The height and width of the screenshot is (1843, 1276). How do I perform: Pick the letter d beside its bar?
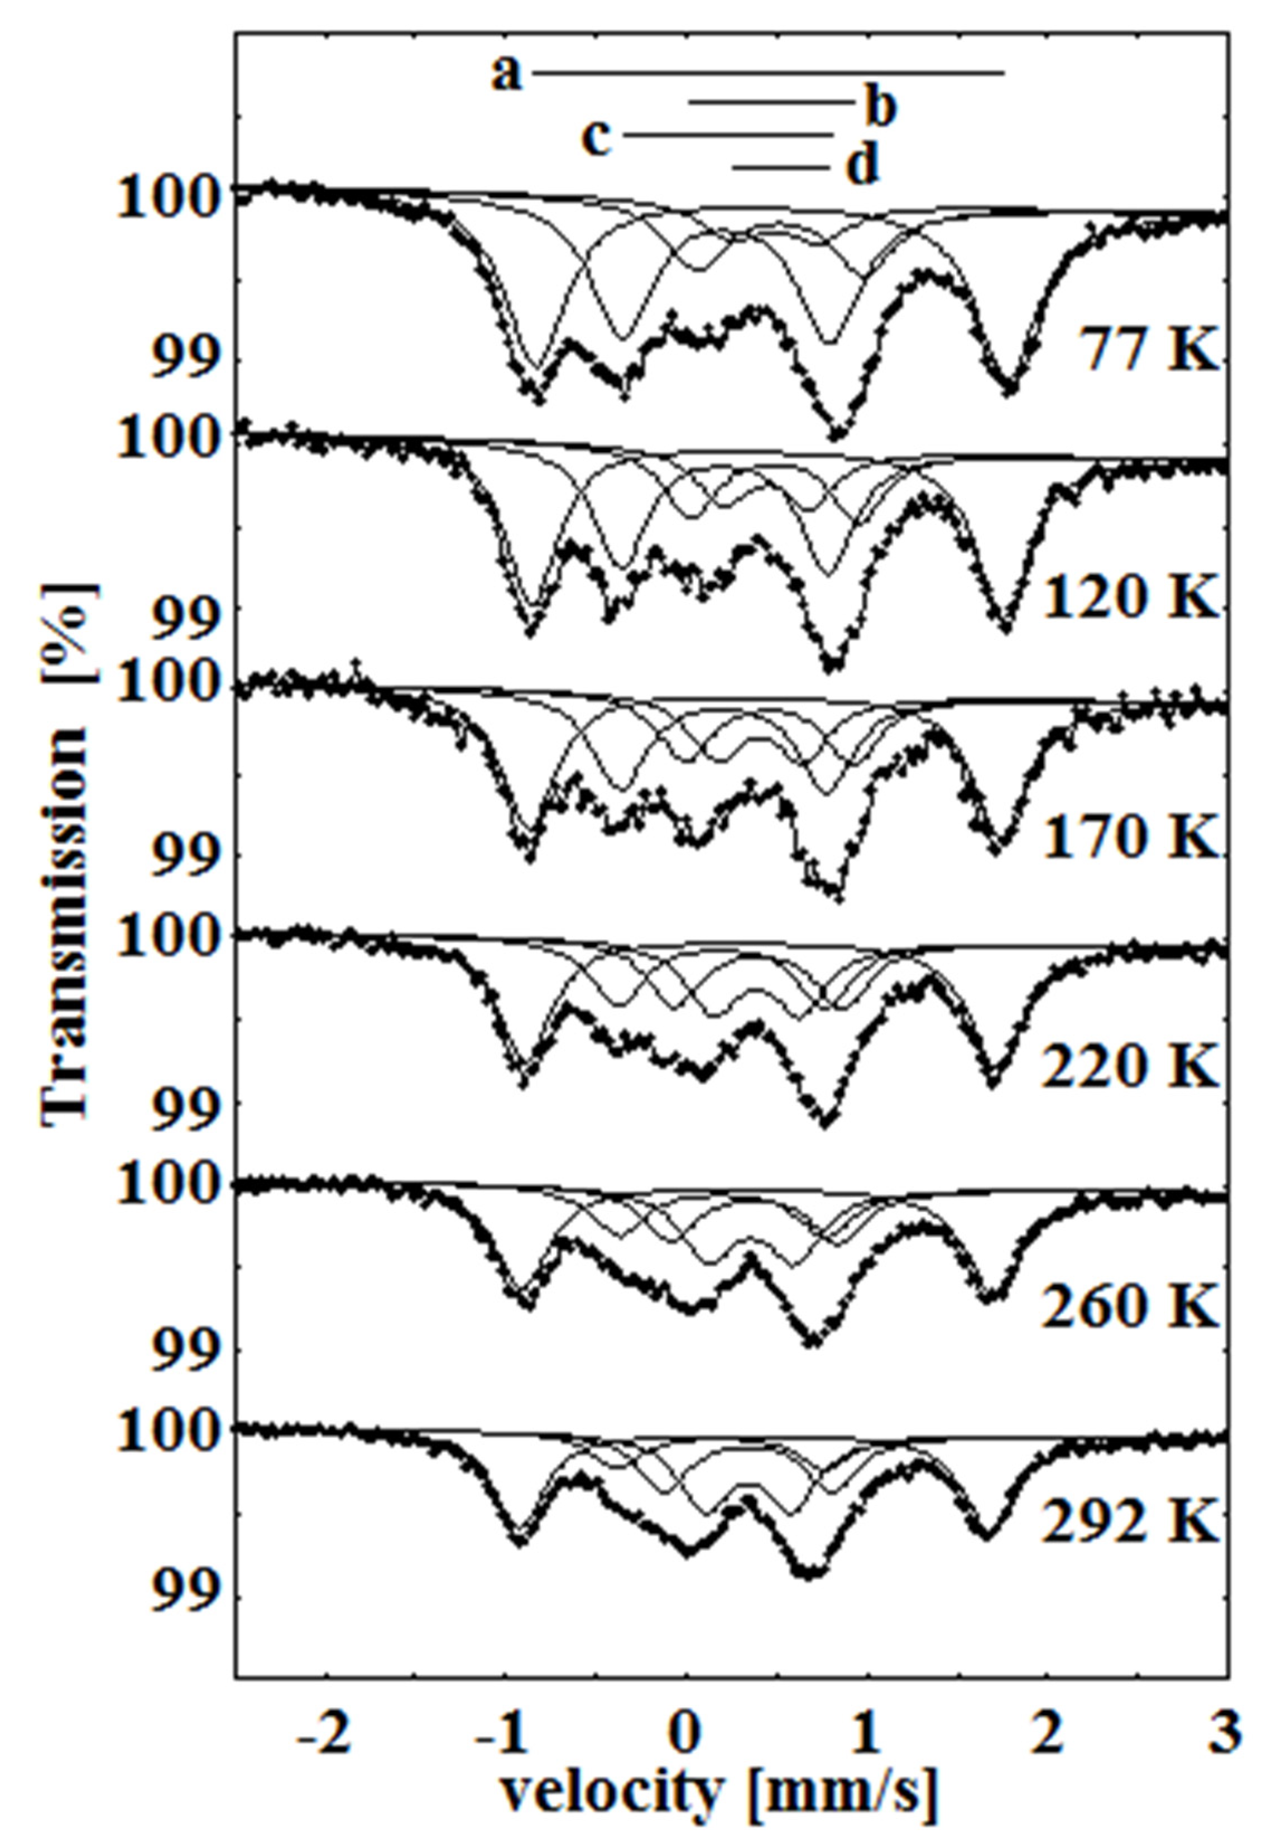coord(862,166)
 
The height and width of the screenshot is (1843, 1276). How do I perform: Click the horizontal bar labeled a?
coord(767,73)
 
